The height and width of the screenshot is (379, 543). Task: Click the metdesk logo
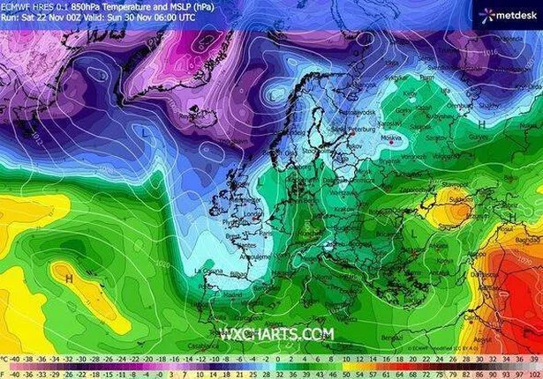506,14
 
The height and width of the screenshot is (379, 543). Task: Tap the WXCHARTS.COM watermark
276,334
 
